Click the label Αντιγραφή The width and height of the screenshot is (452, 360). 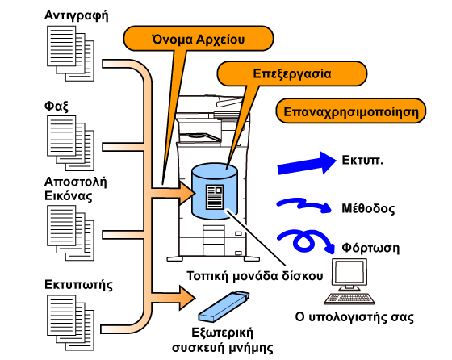(x=77, y=15)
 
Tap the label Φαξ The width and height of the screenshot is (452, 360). (x=56, y=106)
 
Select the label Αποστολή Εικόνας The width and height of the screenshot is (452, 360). (x=76, y=189)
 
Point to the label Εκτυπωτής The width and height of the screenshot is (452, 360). (x=78, y=284)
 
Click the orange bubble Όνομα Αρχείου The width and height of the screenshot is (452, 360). (x=199, y=38)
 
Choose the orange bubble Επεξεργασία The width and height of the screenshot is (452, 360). (x=291, y=73)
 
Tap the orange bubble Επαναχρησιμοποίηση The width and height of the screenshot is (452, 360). (x=351, y=111)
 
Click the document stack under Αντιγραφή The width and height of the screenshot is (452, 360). (x=71, y=53)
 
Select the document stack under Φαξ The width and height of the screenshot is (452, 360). (x=71, y=143)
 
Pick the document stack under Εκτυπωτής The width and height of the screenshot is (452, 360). (x=71, y=323)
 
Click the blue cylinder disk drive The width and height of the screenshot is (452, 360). (x=215, y=191)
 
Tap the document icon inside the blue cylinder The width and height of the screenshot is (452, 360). (x=215, y=197)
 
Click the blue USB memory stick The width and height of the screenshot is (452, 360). (x=224, y=307)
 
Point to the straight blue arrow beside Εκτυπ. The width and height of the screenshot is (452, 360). (x=307, y=163)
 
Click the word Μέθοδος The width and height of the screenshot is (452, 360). (x=368, y=208)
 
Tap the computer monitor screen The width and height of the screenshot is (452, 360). (x=349, y=272)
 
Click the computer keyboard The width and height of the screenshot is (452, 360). (x=349, y=299)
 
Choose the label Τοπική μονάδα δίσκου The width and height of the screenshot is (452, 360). (x=255, y=276)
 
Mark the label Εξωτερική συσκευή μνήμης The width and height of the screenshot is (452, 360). (x=223, y=340)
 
